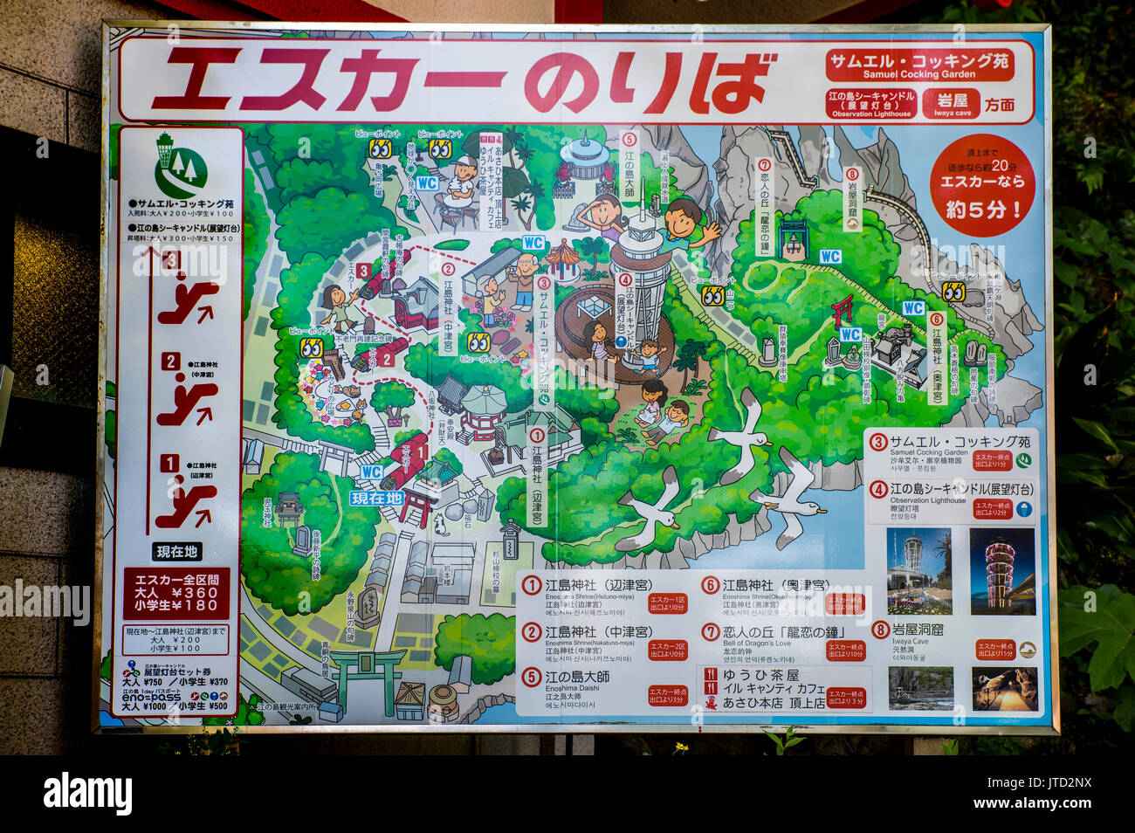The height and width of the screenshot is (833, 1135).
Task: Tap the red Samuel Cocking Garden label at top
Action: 918,65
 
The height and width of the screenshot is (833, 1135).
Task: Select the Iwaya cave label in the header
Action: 952,103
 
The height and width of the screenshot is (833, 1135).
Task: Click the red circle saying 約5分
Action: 981,185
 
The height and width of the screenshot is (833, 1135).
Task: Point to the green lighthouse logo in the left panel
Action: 180,166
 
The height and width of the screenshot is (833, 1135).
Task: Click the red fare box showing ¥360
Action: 176,593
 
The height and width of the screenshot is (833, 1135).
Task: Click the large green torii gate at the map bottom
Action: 367,674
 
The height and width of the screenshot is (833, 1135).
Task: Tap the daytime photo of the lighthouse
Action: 918,571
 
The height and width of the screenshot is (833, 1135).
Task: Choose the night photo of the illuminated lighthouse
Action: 1002,571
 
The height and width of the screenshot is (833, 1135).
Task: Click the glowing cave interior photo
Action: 1004,688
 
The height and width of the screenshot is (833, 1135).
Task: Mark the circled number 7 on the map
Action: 764,165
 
